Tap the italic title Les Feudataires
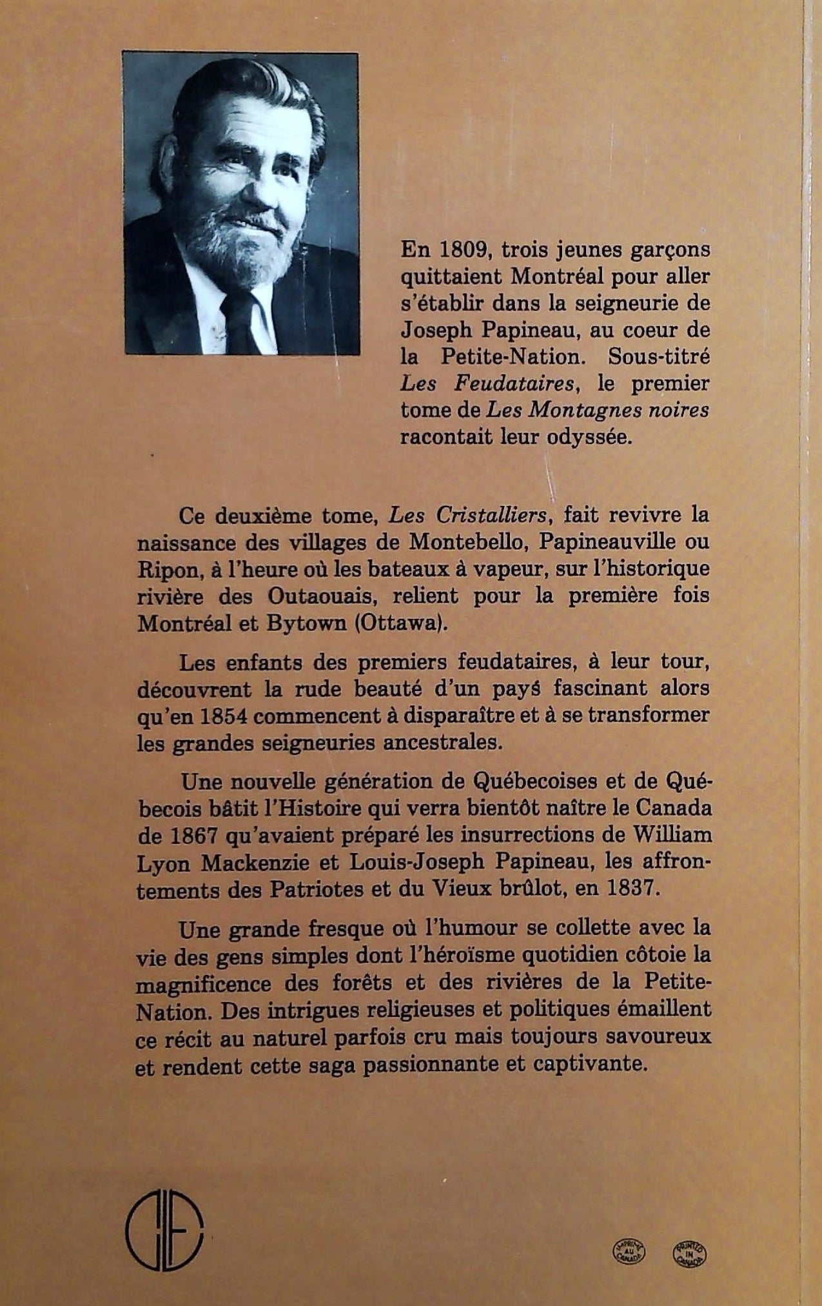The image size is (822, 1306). pos(487,384)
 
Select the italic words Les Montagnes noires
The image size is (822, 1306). pos(598,410)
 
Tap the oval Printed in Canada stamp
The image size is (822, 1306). pos(689,1216)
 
